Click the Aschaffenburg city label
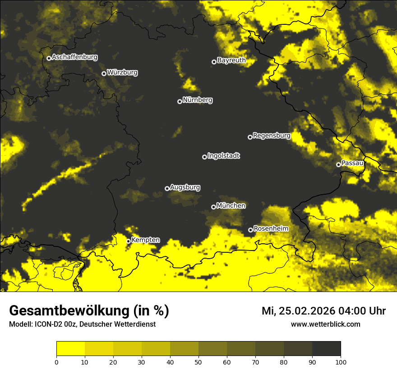[74, 57]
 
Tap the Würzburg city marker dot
[104, 73]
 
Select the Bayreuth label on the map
[231, 60]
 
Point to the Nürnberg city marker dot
[180, 101]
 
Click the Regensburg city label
[272, 136]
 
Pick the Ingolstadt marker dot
[204, 157]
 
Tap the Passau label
[352, 163]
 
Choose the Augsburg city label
[185, 187]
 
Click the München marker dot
[213, 207]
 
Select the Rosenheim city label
[271, 229]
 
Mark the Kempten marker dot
[128, 241]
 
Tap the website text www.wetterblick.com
[325, 324]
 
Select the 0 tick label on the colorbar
[56, 362]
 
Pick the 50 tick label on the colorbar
[198, 362]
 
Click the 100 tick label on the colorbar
[341, 362]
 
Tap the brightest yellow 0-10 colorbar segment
[70, 349]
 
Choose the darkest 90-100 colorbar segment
[326, 349]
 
